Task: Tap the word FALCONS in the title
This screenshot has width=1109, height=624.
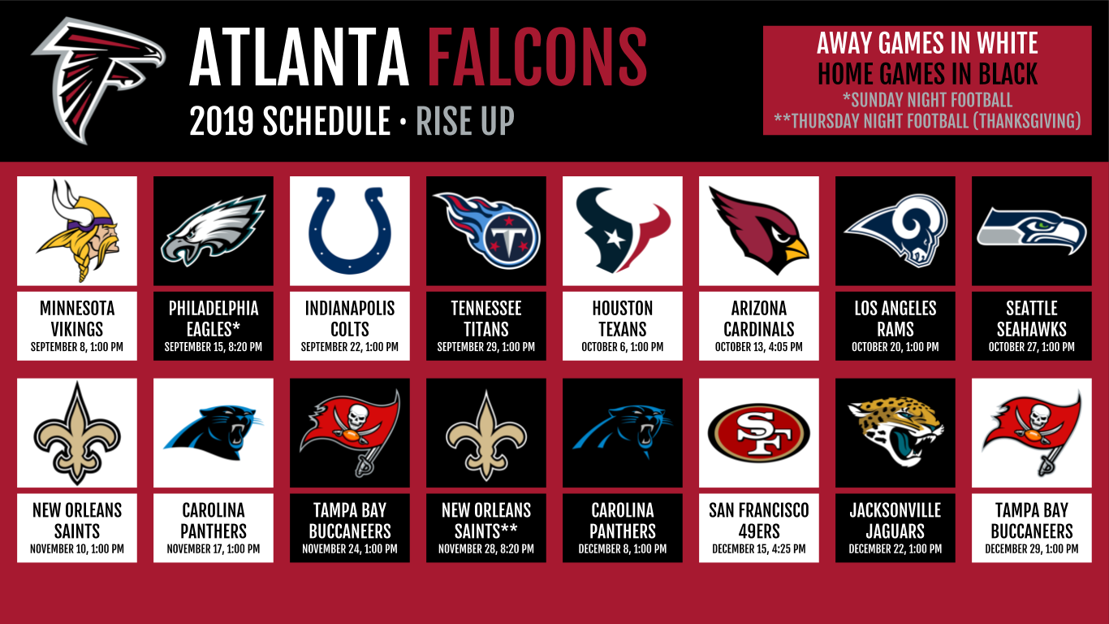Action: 537,58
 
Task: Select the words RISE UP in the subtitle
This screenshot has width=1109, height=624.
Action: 465,121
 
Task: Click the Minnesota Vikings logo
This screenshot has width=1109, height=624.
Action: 77,231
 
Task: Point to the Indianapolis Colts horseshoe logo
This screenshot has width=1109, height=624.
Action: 350,231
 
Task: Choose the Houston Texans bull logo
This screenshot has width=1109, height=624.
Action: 623,230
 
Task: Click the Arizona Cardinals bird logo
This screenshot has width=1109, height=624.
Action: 758,231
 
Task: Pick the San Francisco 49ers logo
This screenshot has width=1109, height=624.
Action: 758,433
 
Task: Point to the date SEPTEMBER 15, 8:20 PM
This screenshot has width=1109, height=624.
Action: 213,347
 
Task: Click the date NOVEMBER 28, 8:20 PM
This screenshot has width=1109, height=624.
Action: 485,549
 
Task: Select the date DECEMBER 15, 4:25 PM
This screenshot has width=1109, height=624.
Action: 758,549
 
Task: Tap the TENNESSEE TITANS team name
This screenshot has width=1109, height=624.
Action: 485,318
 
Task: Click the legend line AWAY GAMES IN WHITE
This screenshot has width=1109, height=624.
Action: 927,43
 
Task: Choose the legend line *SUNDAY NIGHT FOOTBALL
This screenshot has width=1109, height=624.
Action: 927,100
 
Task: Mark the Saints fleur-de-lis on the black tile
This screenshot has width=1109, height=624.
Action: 485,435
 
